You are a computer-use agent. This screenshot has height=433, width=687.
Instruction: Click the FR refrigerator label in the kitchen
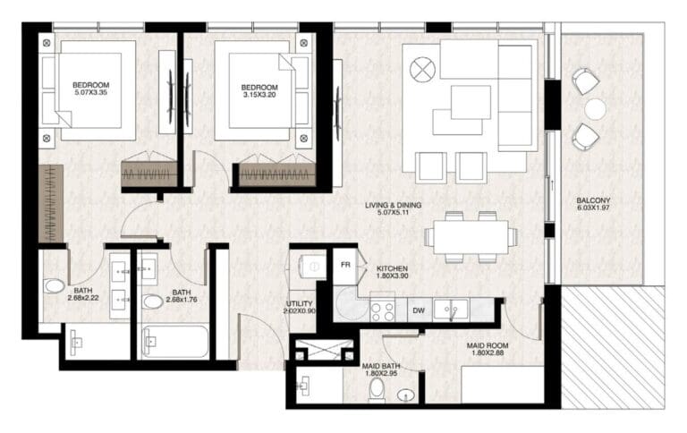point(345,265)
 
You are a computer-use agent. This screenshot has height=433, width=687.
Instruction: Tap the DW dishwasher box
point(420,310)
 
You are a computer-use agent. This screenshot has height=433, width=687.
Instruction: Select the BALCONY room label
point(593,200)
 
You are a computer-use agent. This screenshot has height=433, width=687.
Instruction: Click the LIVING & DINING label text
point(394,205)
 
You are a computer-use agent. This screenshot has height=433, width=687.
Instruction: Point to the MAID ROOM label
point(488,345)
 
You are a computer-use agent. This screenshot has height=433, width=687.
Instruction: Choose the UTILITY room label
point(300,303)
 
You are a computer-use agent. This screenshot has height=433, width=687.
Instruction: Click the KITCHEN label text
point(392,268)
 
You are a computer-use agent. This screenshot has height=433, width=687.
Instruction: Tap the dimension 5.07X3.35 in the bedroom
point(90,92)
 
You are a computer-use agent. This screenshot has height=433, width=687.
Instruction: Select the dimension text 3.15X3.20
point(259,95)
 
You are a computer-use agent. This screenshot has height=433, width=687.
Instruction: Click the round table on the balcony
point(596,109)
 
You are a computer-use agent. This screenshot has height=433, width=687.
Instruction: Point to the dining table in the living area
point(471,237)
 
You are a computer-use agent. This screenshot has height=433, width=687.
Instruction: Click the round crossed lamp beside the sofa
point(423,70)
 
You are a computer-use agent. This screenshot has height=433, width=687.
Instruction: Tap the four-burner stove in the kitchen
point(383,310)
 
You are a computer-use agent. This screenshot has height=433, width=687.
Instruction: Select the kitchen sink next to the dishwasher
point(451,310)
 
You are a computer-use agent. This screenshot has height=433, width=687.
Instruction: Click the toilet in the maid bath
point(377,390)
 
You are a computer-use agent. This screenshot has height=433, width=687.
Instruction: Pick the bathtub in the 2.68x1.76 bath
point(175,342)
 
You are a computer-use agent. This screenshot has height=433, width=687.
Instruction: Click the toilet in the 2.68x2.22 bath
point(54,286)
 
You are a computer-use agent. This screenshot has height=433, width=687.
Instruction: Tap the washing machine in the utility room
point(311,266)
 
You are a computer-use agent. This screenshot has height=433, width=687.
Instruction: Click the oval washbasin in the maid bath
point(406,395)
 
